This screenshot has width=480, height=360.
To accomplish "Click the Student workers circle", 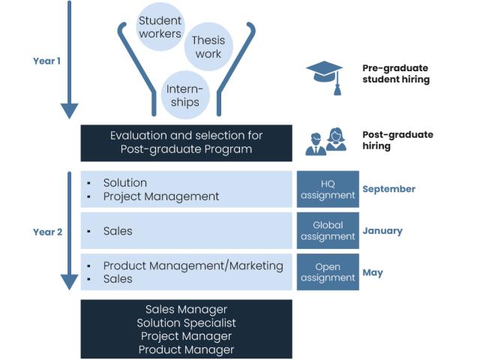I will point(160,26).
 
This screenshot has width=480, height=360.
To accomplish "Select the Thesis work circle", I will point(208,46).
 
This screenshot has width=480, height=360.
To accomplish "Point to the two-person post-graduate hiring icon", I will point(326,141).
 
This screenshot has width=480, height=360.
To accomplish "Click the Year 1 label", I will point(46,61).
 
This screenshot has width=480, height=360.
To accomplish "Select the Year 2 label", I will point(46,232).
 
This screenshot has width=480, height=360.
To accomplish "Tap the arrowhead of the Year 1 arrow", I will point(69,111).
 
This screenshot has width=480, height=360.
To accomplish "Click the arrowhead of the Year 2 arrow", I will point(69,281).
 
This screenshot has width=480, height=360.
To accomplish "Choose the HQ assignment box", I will point(328,189).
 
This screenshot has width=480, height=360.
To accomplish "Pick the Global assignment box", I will point(328,231).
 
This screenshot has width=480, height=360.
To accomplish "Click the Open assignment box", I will point(328,272).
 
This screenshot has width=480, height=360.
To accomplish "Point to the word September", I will point(388,189).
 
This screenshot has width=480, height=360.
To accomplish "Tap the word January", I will point(382,231).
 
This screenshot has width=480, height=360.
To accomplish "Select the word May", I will point(373,272).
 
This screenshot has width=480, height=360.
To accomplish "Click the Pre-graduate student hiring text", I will point(396,73).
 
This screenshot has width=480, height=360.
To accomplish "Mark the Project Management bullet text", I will point(161,196).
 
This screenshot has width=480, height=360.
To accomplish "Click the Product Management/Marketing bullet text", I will point(193,265).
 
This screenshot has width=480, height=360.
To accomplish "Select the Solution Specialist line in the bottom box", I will point(187,322).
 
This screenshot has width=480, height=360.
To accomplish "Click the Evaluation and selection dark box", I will point(187,142).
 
